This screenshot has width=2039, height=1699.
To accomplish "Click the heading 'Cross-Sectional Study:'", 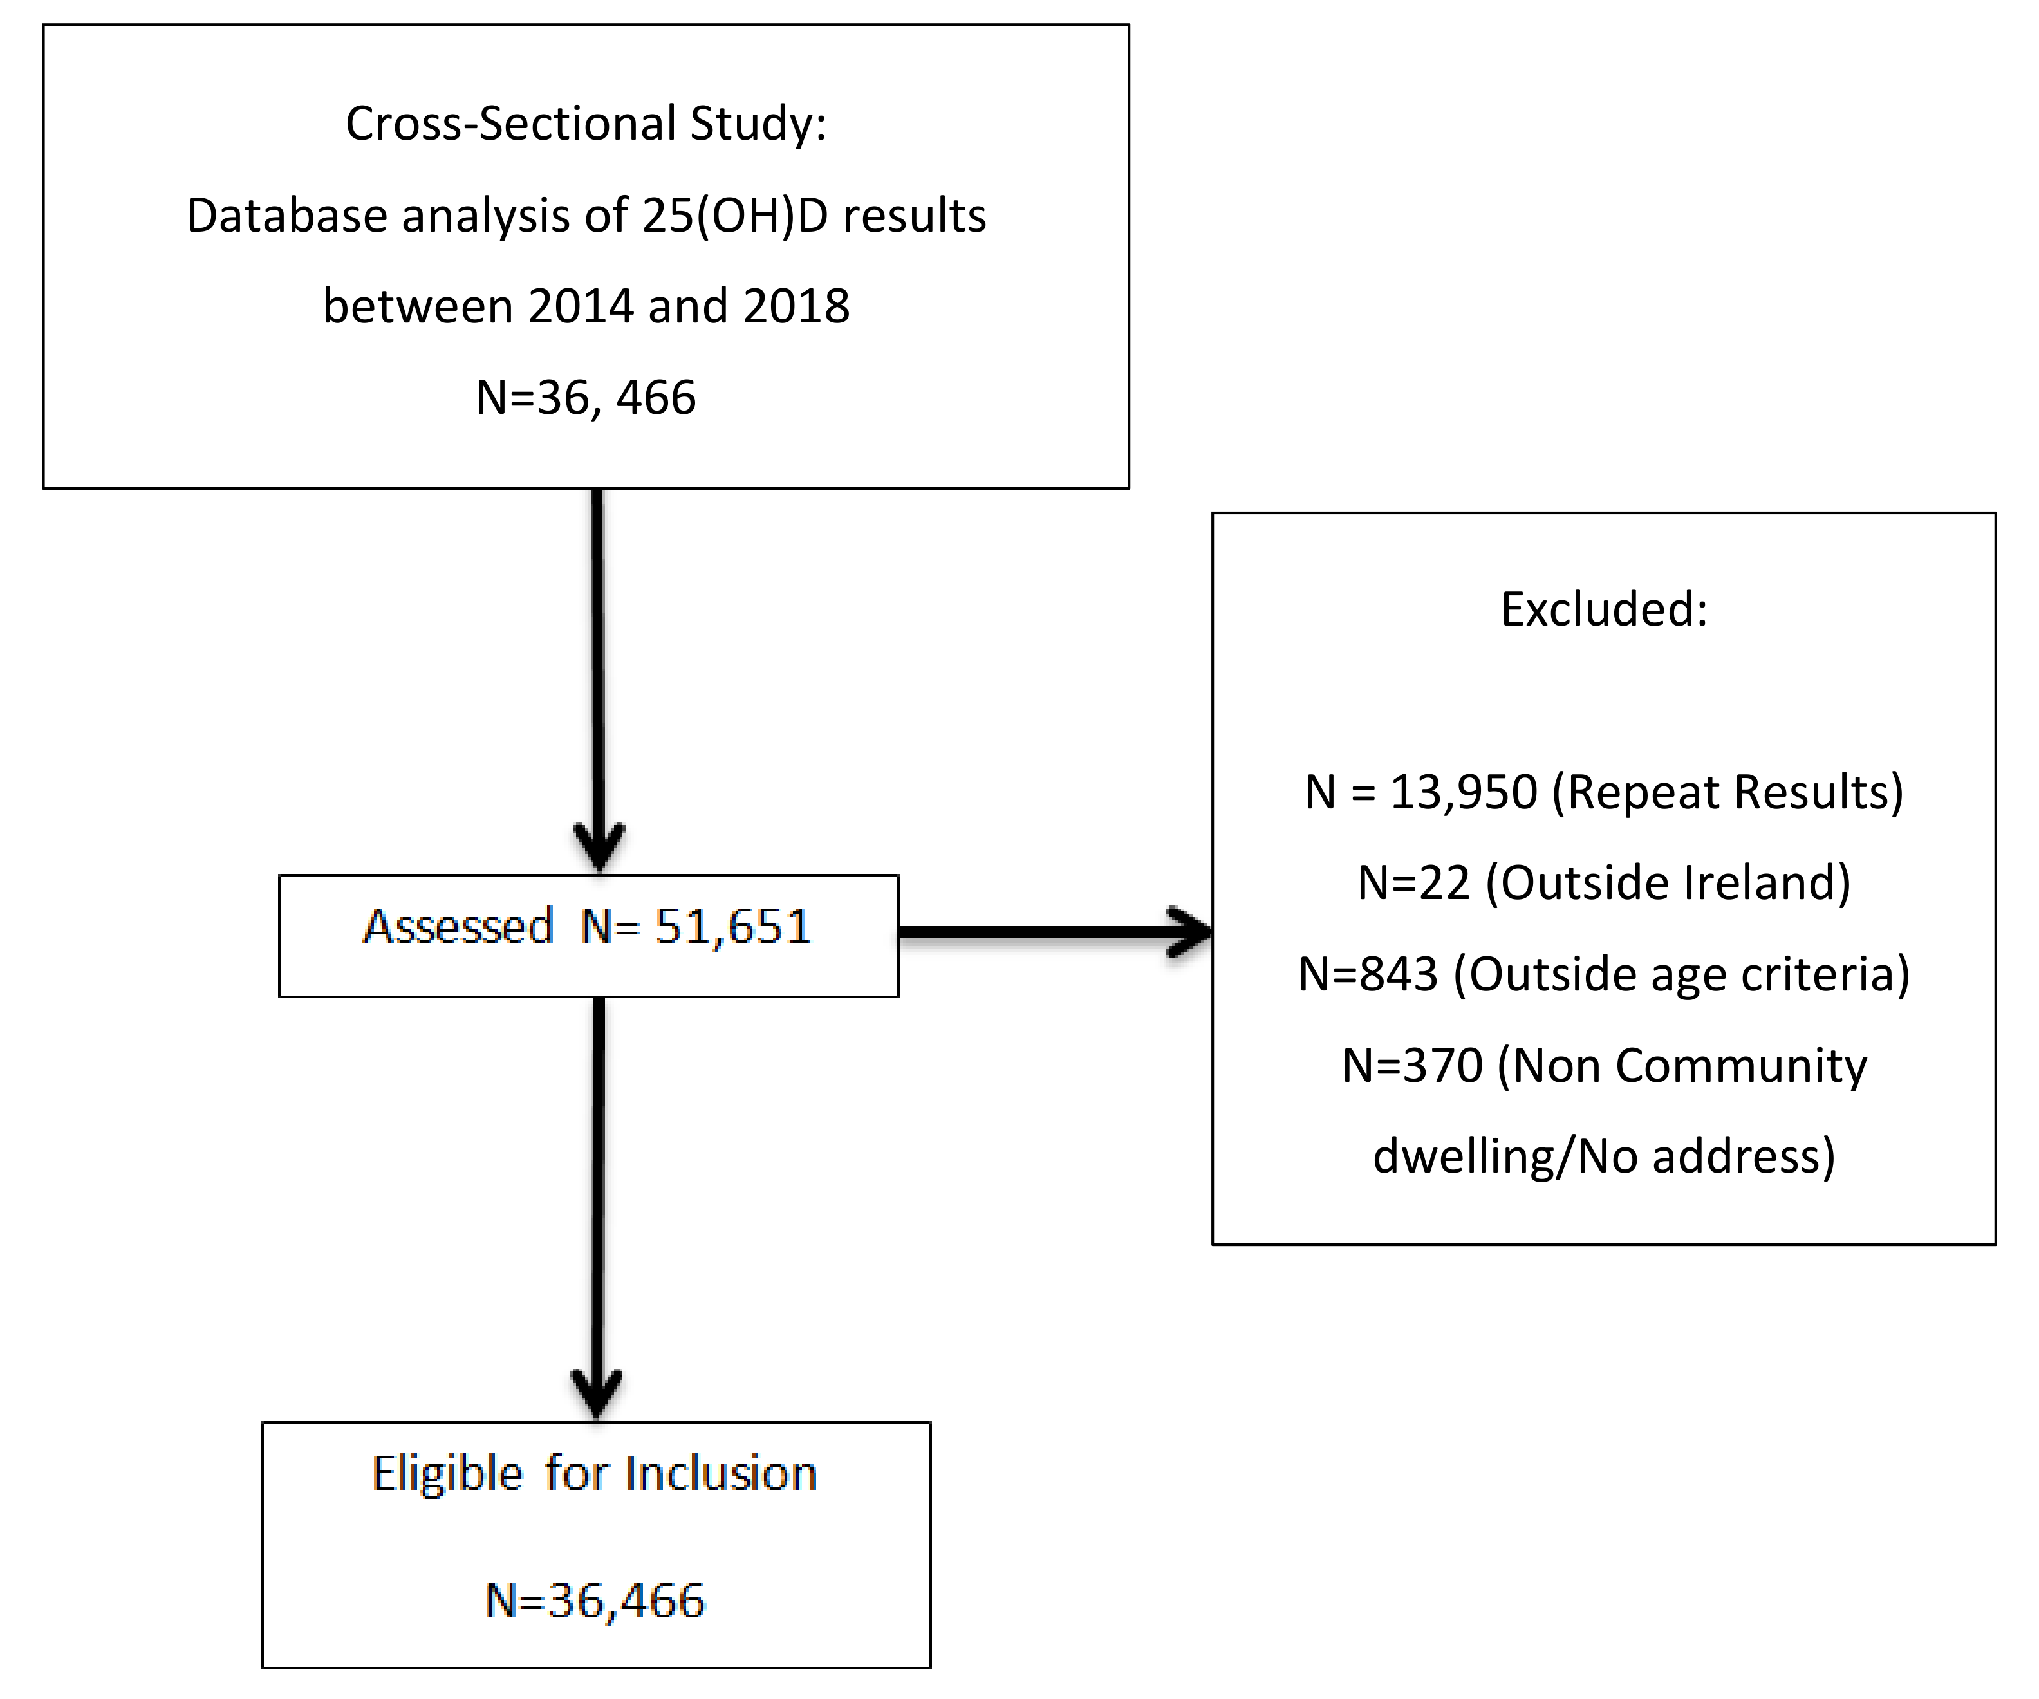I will click(x=586, y=124).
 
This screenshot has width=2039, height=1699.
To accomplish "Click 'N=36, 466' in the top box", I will click(x=586, y=398).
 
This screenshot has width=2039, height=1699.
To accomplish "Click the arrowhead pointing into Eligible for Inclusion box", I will click(x=596, y=1394).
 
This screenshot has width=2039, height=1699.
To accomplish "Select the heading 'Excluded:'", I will click(x=1604, y=609).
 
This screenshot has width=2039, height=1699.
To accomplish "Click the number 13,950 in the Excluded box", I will click(x=1464, y=792).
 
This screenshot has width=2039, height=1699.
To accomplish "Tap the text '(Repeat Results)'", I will click(x=1727, y=792).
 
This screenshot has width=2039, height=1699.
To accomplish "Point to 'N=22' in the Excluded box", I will click(x=1413, y=884).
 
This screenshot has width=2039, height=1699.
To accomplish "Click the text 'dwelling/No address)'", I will click(x=1604, y=1156).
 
